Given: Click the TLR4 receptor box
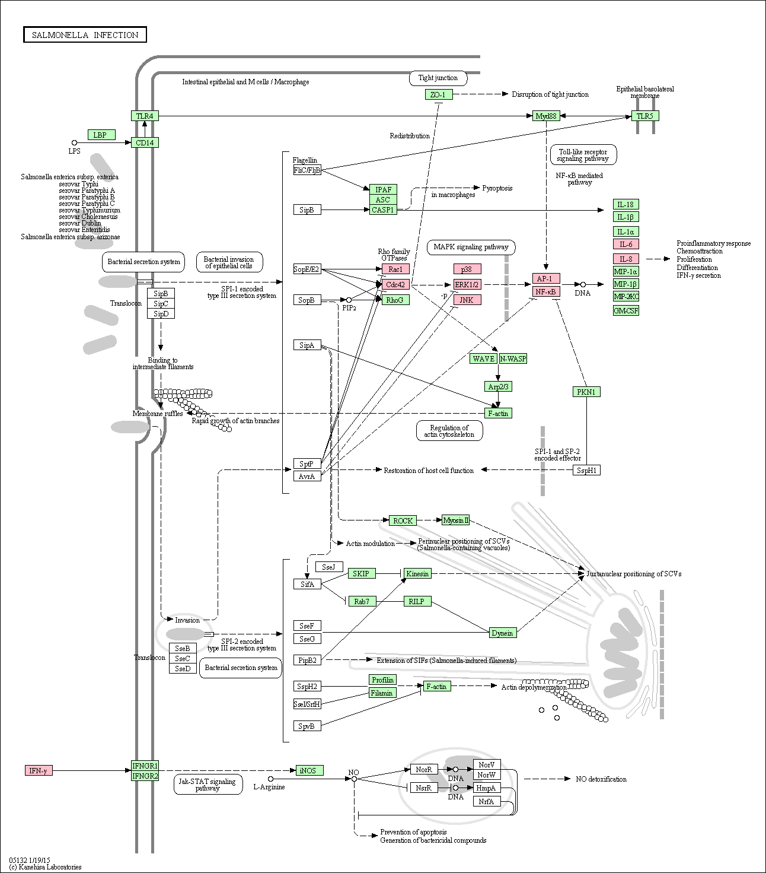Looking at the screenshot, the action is click(x=145, y=116).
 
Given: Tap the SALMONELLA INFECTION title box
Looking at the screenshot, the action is click(x=85, y=35).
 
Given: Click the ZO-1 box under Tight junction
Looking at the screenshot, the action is click(x=438, y=94).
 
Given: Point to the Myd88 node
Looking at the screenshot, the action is click(x=546, y=116).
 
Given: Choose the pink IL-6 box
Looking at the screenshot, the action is click(x=626, y=245).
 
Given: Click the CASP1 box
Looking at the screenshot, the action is click(x=383, y=210).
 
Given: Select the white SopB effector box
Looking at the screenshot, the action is click(x=307, y=300).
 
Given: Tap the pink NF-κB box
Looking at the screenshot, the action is click(x=546, y=292).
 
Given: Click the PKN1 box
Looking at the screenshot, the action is click(x=586, y=392).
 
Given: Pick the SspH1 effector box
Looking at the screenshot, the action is click(x=586, y=470).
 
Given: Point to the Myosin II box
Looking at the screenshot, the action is click(x=455, y=520).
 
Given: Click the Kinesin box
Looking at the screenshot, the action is click(x=417, y=573).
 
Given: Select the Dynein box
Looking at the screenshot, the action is click(x=503, y=633).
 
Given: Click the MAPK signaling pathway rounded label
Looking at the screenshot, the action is click(x=471, y=247).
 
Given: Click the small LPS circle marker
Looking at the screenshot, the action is click(x=74, y=142).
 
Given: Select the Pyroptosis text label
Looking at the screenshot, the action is click(x=497, y=188).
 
